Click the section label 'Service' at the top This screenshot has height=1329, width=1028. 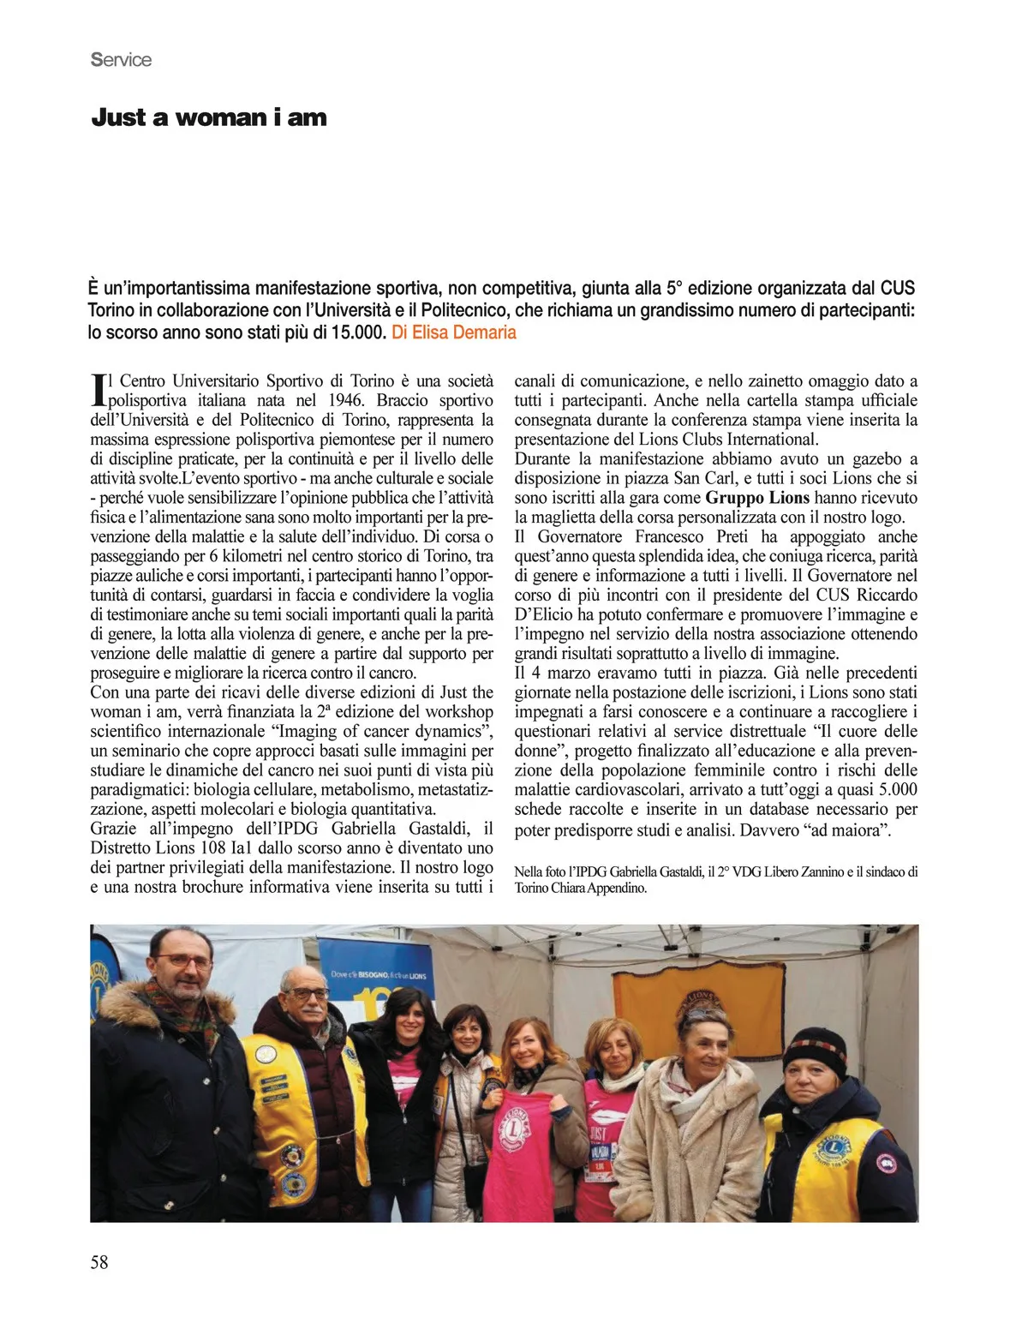(121, 60)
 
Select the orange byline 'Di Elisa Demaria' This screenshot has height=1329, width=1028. (454, 332)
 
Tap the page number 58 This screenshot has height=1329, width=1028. (99, 1261)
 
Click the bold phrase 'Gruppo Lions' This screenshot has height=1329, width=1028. (757, 498)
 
